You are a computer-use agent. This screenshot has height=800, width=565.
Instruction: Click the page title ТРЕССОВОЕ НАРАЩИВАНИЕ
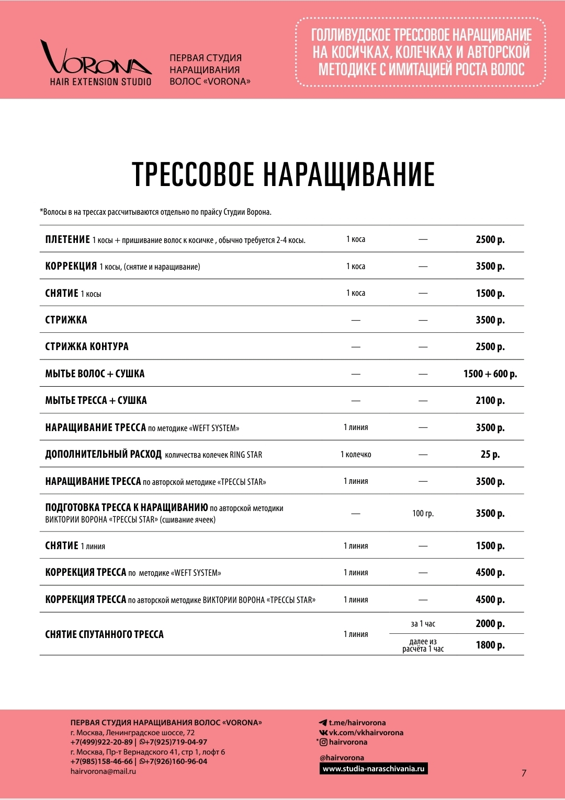pyautogui.click(x=283, y=174)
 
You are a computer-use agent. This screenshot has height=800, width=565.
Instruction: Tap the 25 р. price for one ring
pyautogui.click(x=490, y=454)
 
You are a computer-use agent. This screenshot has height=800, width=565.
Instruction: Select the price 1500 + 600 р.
pyautogui.click(x=490, y=374)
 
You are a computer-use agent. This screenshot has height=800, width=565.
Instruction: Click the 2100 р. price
pyautogui.click(x=490, y=400)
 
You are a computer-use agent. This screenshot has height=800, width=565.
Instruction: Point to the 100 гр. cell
pyautogui.click(x=423, y=513)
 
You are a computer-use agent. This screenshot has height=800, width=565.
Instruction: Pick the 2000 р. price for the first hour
pyautogui.click(x=490, y=623)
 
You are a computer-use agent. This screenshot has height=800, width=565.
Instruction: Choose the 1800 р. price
pyautogui.click(x=490, y=645)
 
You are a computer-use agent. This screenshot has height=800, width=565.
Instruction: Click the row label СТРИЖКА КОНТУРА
pyautogui.click(x=87, y=346)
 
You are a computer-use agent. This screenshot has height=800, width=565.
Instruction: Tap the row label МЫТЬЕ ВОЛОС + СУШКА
pyautogui.click(x=95, y=374)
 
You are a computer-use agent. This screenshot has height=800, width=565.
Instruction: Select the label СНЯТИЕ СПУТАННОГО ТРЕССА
pyautogui.click(x=104, y=634)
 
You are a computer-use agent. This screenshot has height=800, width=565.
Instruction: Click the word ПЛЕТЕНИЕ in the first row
pyautogui.click(x=67, y=239)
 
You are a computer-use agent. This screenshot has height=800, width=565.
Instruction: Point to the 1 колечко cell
pyautogui.click(x=356, y=454)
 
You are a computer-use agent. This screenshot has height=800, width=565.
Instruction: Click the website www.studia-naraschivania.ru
pyautogui.click(x=374, y=769)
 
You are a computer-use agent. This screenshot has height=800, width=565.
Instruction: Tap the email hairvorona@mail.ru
pyautogui.click(x=103, y=771)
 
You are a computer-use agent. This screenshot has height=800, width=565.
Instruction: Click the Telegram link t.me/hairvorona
pyautogui.click(x=357, y=723)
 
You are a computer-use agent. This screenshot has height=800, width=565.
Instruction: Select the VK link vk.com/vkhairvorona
pyautogui.click(x=366, y=733)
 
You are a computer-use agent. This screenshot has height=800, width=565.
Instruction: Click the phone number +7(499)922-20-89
pyautogui.click(x=101, y=742)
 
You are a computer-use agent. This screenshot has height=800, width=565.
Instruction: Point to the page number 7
pyautogui.click(x=524, y=773)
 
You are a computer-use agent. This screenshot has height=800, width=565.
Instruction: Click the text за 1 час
pyautogui.click(x=423, y=623)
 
